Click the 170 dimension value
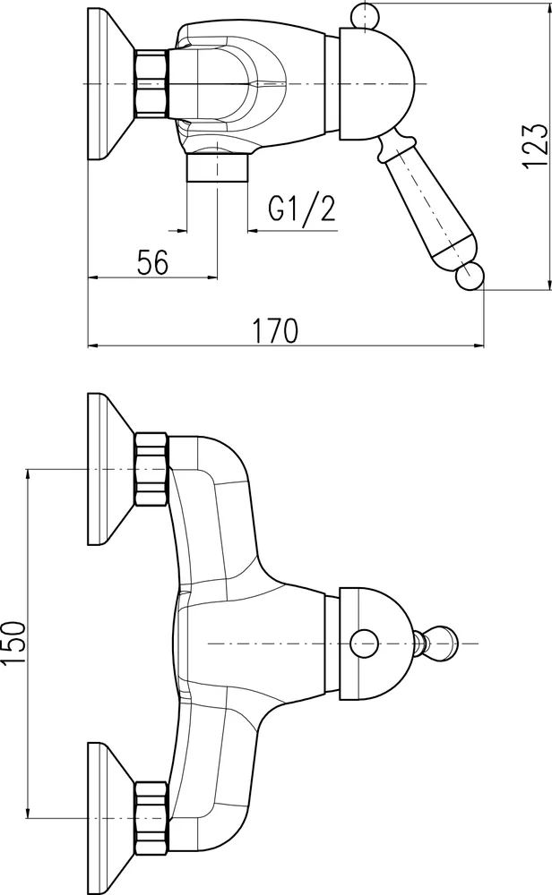point(275,330)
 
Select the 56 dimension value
point(152,262)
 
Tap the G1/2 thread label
point(302,209)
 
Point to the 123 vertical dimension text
point(533,145)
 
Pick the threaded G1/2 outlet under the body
point(218,168)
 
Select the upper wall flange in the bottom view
point(108,469)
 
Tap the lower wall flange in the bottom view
point(108,793)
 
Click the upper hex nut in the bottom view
point(151,469)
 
